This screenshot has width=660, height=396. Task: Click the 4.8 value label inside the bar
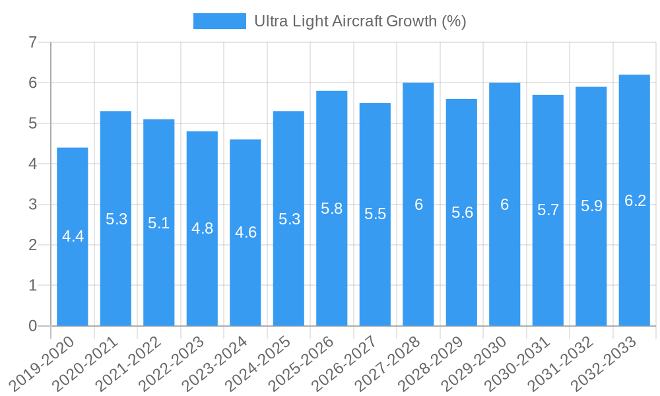click(x=202, y=228)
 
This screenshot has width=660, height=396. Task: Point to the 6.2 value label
click(x=635, y=201)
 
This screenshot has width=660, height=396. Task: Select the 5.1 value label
click(x=159, y=223)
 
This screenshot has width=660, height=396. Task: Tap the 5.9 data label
click(x=591, y=206)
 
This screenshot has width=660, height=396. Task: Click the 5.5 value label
click(x=375, y=214)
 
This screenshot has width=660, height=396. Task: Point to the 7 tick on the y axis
click(x=33, y=43)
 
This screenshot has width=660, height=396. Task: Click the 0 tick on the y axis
click(x=33, y=326)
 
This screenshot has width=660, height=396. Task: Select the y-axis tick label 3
click(x=33, y=205)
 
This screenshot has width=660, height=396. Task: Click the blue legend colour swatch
click(x=219, y=21)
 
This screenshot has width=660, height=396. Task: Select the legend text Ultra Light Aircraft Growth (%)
click(x=360, y=21)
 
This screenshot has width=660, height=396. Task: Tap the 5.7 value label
click(x=548, y=210)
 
